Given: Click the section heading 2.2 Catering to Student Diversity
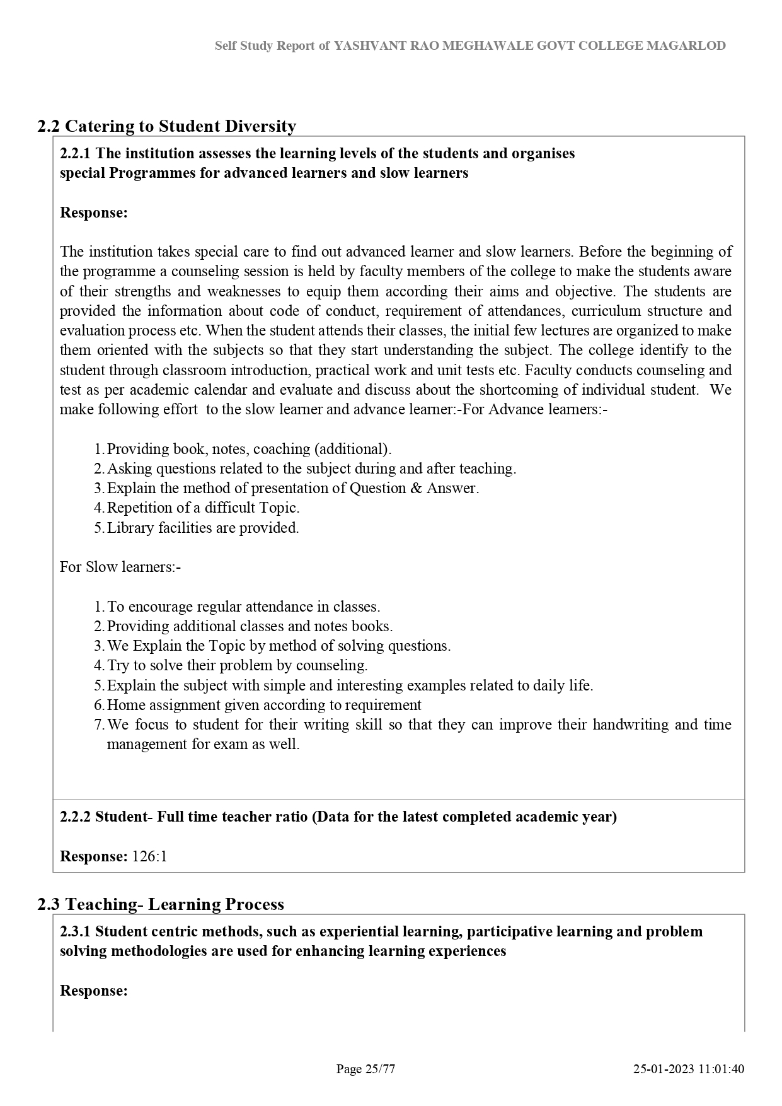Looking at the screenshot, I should pyautogui.click(x=166, y=126).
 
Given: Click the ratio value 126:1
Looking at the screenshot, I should pyautogui.click(x=149, y=856).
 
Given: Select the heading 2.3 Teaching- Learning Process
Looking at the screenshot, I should pyautogui.click(x=160, y=904).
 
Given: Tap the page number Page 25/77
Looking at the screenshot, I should pyautogui.click(x=365, y=1069).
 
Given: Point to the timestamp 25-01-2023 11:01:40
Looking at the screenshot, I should pyautogui.click(x=689, y=1069).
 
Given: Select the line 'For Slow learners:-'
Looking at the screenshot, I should pyautogui.click(x=120, y=567).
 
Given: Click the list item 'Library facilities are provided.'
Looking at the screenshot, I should pyautogui.click(x=203, y=528).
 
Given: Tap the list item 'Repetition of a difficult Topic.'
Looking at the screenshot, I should pyautogui.click(x=203, y=508).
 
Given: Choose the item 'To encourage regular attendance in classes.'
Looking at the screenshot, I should pyautogui.click(x=243, y=607).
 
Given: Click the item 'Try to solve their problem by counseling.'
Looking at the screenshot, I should pyautogui.click(x=237, y=665).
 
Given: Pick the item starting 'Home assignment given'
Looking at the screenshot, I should pyautogui.click(x=264, y=705).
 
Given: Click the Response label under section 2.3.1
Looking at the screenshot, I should pyautogui.click(x=93, y=991).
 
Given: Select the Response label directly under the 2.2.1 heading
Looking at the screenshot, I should pyautogui.click(x=93, y=212).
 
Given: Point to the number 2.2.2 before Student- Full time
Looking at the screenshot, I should pyautogui.click(x=75, y=817).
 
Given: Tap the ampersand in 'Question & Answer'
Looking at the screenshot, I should pyautogui.click(x=415, y=488).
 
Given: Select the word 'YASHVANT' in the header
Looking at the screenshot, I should pyautogui.click(x=364, y=45).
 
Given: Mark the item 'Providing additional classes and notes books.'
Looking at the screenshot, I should pyautogui.click(x=250, y=626).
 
